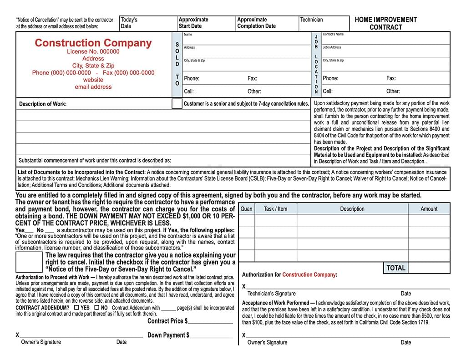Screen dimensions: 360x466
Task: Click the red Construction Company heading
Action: (93, 43)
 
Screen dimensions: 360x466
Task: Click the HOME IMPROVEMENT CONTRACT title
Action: (385, 23)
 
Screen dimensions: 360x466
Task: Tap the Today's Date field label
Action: (129, 23)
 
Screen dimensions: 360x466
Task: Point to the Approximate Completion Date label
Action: (256, 23)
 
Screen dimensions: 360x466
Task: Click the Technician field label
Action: (311, 20)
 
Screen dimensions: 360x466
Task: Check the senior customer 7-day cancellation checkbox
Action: (177, 103)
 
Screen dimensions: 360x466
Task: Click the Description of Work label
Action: (43, 104)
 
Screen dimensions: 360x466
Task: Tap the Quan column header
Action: (246, 209)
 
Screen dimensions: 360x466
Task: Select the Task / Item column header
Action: (275, 209)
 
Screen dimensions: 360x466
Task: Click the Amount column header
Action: (429, 209)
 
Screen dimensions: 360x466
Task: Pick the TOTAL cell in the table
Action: (395, 268)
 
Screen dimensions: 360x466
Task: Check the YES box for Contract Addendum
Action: (76, 308)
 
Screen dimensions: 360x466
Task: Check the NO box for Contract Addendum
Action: (96, 308)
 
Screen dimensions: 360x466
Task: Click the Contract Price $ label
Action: (167, 321)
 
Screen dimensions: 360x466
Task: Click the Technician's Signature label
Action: (271, 294)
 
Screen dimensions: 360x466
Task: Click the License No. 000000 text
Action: (93, 52)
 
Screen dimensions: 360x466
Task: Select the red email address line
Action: (93, 87)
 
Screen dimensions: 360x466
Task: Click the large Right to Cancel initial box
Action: (29, 262)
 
